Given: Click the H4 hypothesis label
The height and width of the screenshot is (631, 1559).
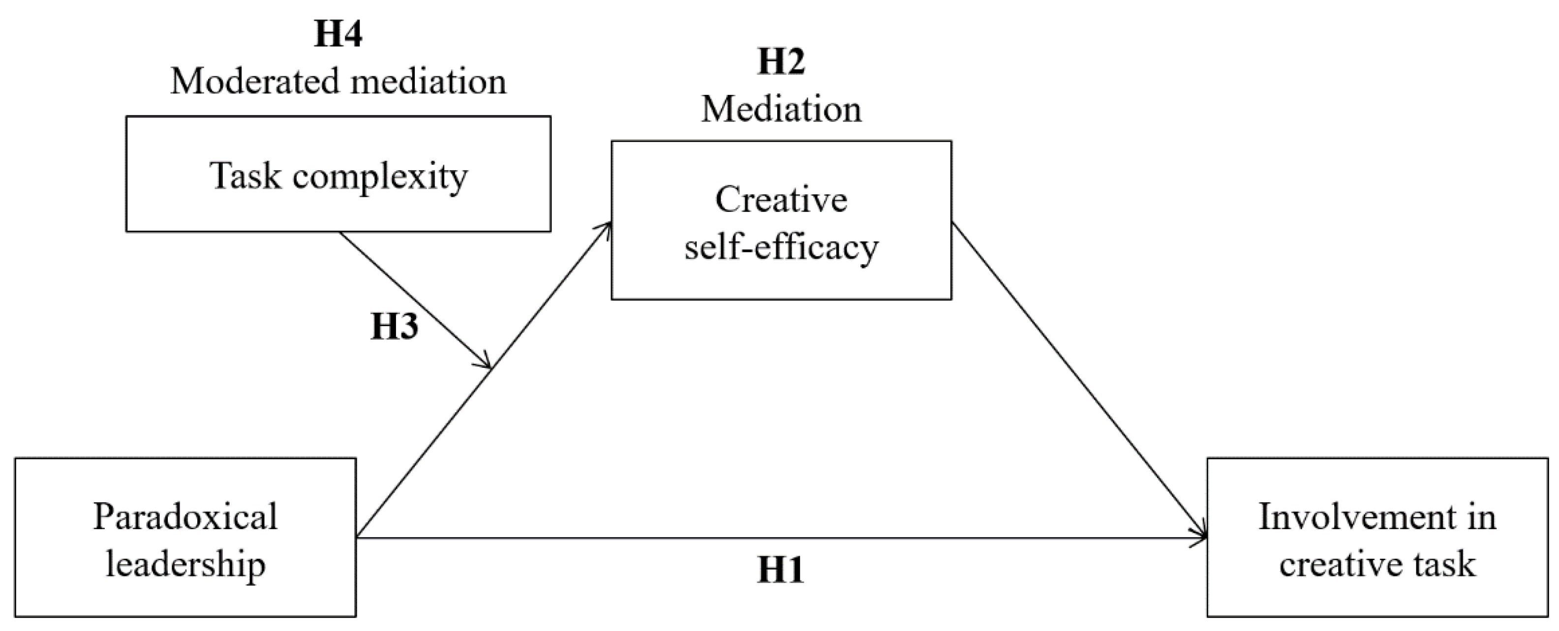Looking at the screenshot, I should point(337,34).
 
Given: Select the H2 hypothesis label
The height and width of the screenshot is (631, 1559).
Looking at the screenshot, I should point(781,62).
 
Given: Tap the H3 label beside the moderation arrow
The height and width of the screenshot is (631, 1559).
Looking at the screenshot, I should point(394,327).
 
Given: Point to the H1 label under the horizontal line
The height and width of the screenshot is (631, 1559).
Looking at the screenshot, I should point(780,570).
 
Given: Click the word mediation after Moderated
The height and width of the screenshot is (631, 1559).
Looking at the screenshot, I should point(428,82).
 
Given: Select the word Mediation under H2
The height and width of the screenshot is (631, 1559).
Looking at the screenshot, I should point(781,110).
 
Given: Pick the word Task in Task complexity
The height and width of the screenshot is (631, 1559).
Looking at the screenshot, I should point(245,177).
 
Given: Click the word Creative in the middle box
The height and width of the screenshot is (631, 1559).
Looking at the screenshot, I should point(781,200).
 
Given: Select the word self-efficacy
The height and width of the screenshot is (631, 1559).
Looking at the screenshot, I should point(781,248).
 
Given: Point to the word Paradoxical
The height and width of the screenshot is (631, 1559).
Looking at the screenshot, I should point(185,517).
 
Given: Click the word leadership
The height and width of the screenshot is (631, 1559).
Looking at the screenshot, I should point(185,565).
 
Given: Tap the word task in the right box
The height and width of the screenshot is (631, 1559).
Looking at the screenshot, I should point(1444,565).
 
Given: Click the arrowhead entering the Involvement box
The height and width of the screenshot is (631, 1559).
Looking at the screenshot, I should point(1201,536).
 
